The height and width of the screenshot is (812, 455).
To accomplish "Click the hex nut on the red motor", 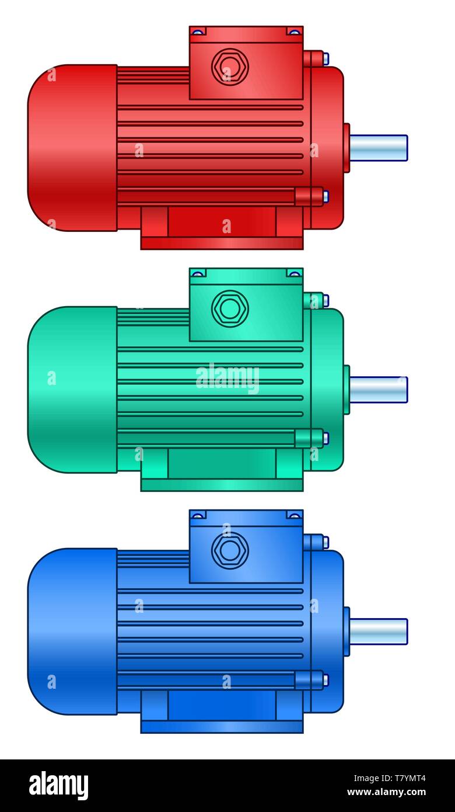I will click(x=230, y=67).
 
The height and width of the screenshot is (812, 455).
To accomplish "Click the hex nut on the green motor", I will click(x=230, y=308).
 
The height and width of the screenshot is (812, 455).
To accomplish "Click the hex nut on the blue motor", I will click(x=230, y=550).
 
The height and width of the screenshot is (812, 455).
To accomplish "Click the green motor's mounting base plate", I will click(x=222, y=485).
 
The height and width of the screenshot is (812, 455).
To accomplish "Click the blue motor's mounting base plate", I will click(x=222, y=727).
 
